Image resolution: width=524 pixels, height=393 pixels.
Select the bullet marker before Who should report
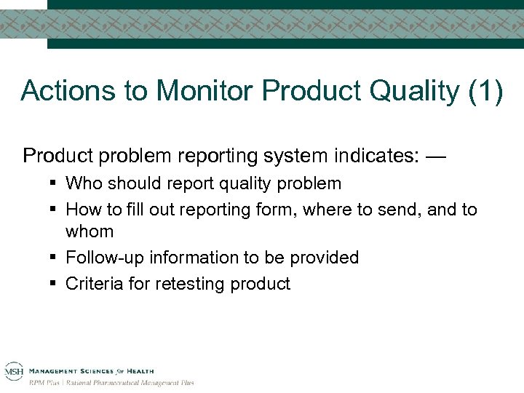(x=55, y=183)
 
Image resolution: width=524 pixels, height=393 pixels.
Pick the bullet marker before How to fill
(x=55, y=210)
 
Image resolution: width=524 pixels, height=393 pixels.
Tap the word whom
(x=90, y=231)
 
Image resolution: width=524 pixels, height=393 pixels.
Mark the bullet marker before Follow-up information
(x=55, y=258)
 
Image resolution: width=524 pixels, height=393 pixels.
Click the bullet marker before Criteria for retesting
(x=55, y=283)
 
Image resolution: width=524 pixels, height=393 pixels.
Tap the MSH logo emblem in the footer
(x=13, y=370)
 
